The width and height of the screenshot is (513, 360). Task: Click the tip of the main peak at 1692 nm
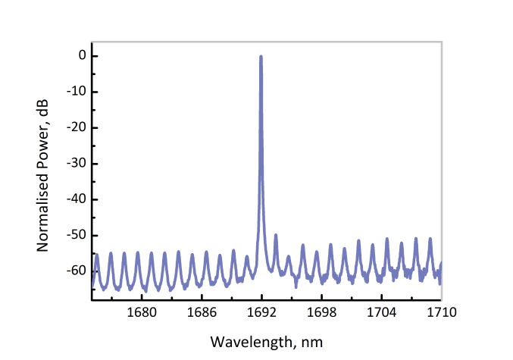click(261, 57)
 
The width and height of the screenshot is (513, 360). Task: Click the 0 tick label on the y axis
click(72, 56)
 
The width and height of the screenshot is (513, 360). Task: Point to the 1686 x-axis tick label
click(201, 312)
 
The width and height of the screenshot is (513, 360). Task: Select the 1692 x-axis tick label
click(261, 312)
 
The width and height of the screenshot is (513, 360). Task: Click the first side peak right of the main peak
click(275, 235)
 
